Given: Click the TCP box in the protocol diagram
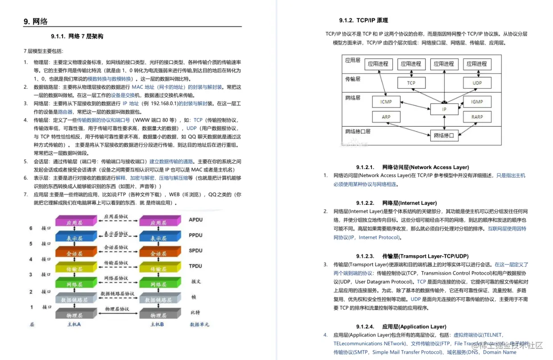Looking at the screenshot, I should [411, 83].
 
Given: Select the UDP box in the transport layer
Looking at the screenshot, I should [477, 83].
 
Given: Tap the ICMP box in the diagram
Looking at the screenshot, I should [386, 102].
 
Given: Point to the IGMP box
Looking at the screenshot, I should [477, 102].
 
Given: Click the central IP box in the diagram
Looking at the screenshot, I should [444, 109].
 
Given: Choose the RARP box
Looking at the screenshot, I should [477, 117].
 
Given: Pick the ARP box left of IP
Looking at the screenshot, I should [386, 117].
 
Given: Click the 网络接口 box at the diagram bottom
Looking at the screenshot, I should [444, 135].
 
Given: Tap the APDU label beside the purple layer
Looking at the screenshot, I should [195, 219].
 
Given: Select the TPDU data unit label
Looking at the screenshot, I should [195, 266].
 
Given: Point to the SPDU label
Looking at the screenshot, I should [195, 251].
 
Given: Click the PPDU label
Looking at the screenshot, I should [195, 235].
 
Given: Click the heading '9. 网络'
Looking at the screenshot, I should [36, 21].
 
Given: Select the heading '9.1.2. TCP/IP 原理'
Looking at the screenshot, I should [363, 21].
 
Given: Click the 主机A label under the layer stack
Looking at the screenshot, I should [74, 324].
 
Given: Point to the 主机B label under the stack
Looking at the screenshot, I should [157, 324].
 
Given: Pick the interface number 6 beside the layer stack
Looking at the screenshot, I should [31, 228].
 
